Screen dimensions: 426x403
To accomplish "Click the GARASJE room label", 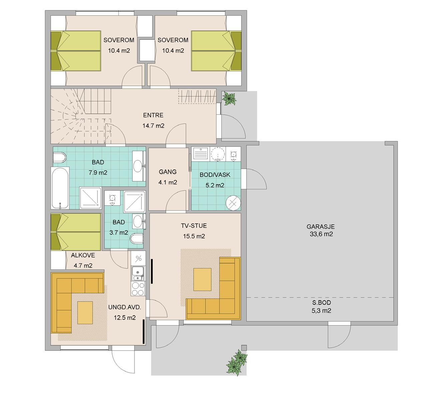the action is click(x=321, y=227).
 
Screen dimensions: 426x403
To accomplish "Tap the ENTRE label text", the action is click(x=153, y=115).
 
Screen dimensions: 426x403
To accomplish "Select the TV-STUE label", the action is click(x=194, y=226).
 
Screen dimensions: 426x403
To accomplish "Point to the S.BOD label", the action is click(x=321, y=303).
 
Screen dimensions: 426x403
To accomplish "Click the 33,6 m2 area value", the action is click(x=321, y=234).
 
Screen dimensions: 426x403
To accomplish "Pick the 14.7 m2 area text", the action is click(x=153, y=126).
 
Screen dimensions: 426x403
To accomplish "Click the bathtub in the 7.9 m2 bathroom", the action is click(x=60, y=188).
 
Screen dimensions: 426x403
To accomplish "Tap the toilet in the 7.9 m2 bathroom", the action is click(x=59, y=158).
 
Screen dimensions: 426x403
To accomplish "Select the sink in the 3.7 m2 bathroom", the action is click(x=138, y=221).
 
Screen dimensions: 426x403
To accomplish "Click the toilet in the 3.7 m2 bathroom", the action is click(x=137, y=239).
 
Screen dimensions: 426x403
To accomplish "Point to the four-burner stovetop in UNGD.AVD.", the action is click(x=138, y=289).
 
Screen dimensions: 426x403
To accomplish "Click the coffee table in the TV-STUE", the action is click(x=202, y=279).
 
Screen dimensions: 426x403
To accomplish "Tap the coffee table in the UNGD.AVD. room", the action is click(x=85, y=313).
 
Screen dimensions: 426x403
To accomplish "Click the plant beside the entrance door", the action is click(x=229, y=98).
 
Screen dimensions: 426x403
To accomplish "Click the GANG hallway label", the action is click(x=167, y=172).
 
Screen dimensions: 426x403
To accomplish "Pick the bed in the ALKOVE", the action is click(x=76, y=232).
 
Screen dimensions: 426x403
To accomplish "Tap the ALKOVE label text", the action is click(x=83, y=255).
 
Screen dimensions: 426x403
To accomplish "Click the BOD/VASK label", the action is click(x=215, y=175).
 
